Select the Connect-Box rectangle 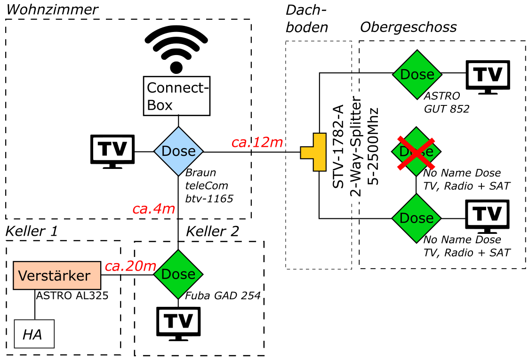click(x=176, y=96)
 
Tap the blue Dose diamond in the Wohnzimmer click(x=178, y=151)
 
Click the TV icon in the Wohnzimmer click(x=112, y=151)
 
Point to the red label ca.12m click(x=257, y=142)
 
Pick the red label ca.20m click(x=130, y=266)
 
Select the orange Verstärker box click(x=57, y=275)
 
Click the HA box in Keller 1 click(x=34, y=334)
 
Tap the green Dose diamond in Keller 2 click(x=178, y=274)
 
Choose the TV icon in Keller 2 click(x=178, y=323)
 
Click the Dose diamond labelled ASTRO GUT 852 click(x=417, y=74)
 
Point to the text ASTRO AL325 click(x=72, y=296)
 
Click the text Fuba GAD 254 click(x=223, y=296)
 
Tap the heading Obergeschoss click(x=408, y=27)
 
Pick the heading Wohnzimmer click(x=51, y=9)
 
